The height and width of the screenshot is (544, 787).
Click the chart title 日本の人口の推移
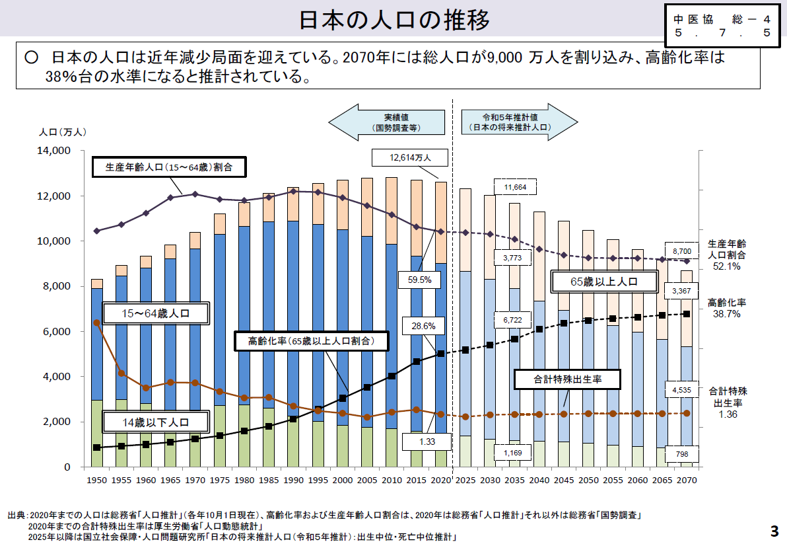pyautogui.click(x=394, y=20)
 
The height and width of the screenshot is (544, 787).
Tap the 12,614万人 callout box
pyautogui.click(x=410, y=157)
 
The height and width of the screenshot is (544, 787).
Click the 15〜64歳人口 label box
pyautogui.click(x=156, y=314)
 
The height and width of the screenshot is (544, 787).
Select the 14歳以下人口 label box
pyautogui.click(x=155, y=422)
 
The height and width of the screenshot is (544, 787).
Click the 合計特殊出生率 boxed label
pyautogui.click(x=567, y=379)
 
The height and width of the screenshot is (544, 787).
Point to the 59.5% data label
pyautogui.click(x=419, y=280)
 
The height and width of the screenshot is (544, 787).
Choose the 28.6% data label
pyautogui.click(x=423, y=327)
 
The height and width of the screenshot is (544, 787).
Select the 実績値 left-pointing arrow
pyautogui.click(x=386, y=122)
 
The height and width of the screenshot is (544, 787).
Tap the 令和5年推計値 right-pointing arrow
pyautogui.click(x=518, y=122)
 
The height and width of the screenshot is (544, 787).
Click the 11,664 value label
pyautogui.click(x=515, y=188)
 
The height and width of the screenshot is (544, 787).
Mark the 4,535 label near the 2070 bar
pyautogui.click(x=681, y=390)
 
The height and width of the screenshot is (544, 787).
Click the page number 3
pyautogui.click(x=774, y=531)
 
